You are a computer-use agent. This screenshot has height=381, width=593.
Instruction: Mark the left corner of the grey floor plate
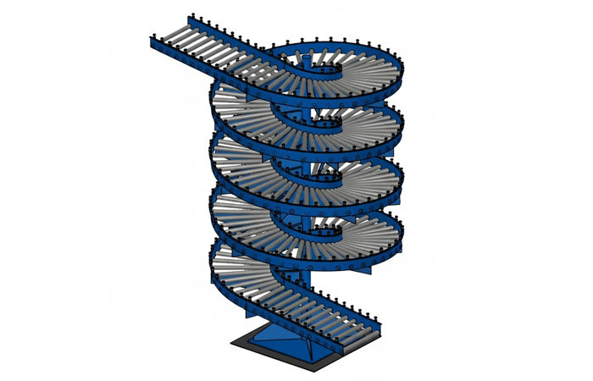point(232,343)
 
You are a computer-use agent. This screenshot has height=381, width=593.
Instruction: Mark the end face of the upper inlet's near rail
point(150,43)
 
